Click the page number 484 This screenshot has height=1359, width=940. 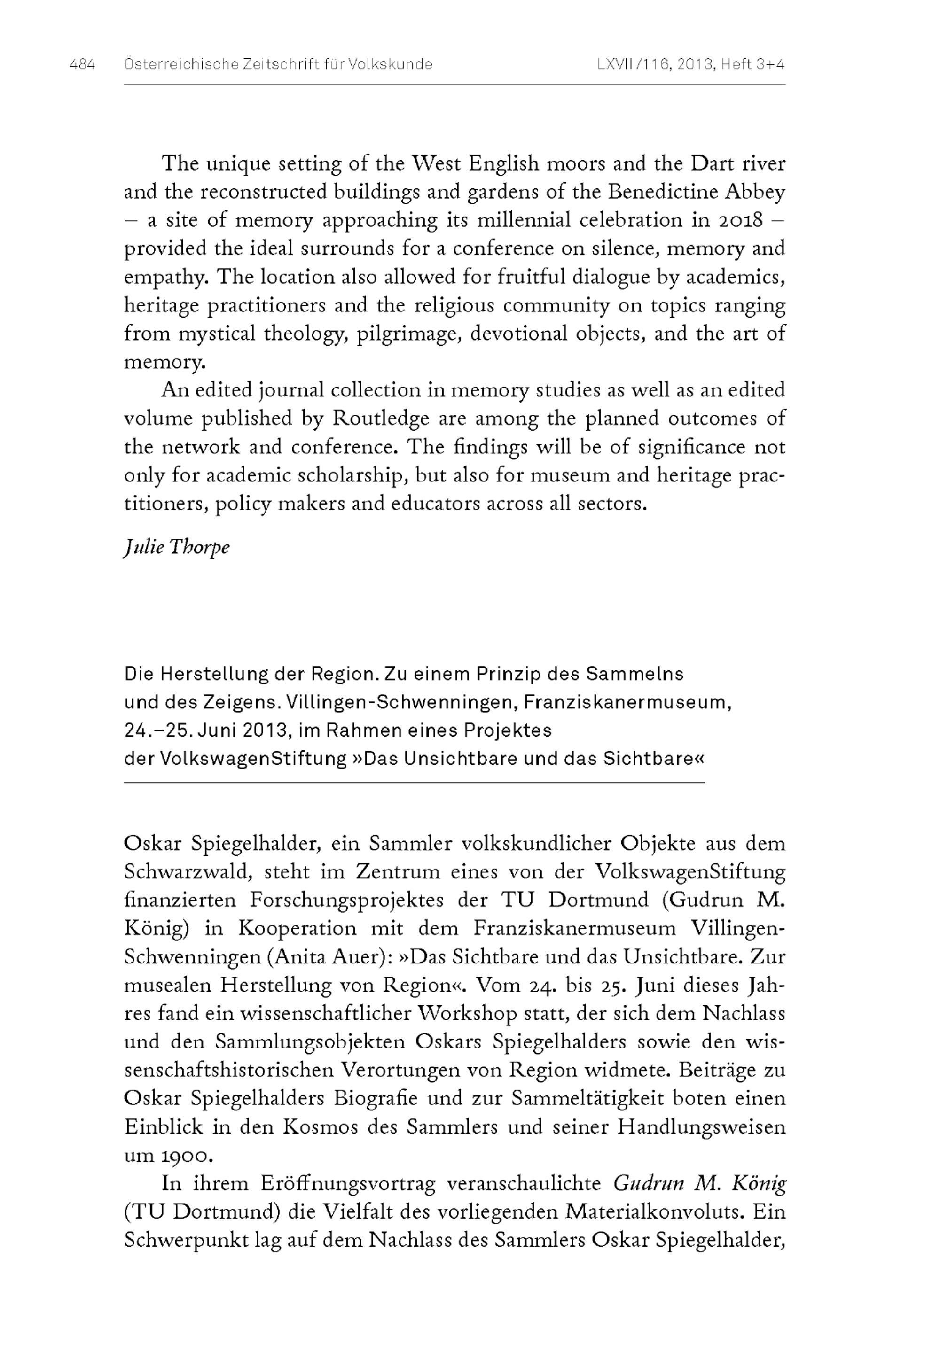tap(82, 65)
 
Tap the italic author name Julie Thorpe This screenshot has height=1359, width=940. tap(176, 547)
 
